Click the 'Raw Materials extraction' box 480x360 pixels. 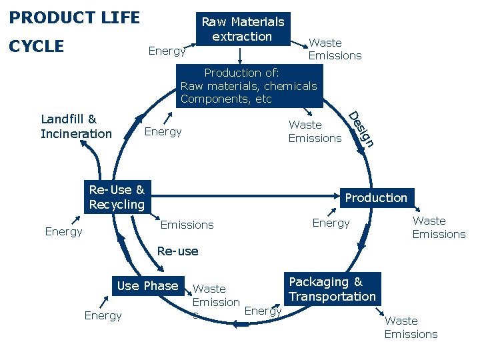click(243, 29)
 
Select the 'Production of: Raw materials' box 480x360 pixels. click(249, 86)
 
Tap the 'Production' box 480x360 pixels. click(376, 197)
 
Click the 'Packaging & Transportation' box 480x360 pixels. click(333, 289)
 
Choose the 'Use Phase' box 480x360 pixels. click(147, 286)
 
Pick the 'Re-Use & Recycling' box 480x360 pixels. click(117, 197)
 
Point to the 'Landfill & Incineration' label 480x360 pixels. click(76, 127)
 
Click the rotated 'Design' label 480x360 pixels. click(362, 128)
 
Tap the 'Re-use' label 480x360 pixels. click(177, 251)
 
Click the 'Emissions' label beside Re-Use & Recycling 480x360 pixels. click(187, 225)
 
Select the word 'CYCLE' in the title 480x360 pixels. click(37, 46)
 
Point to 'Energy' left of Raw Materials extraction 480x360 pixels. click(167, 51)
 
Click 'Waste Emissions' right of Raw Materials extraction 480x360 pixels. click(335, 49)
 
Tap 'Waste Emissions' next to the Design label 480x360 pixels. click(315, 131)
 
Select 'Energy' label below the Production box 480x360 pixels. click(331, 223)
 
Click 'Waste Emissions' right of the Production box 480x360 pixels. click(439, 227)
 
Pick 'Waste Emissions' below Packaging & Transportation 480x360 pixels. click(411, 327)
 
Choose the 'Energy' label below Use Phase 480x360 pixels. click(103, 315)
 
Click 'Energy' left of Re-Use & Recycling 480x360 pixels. click(63, 231)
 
